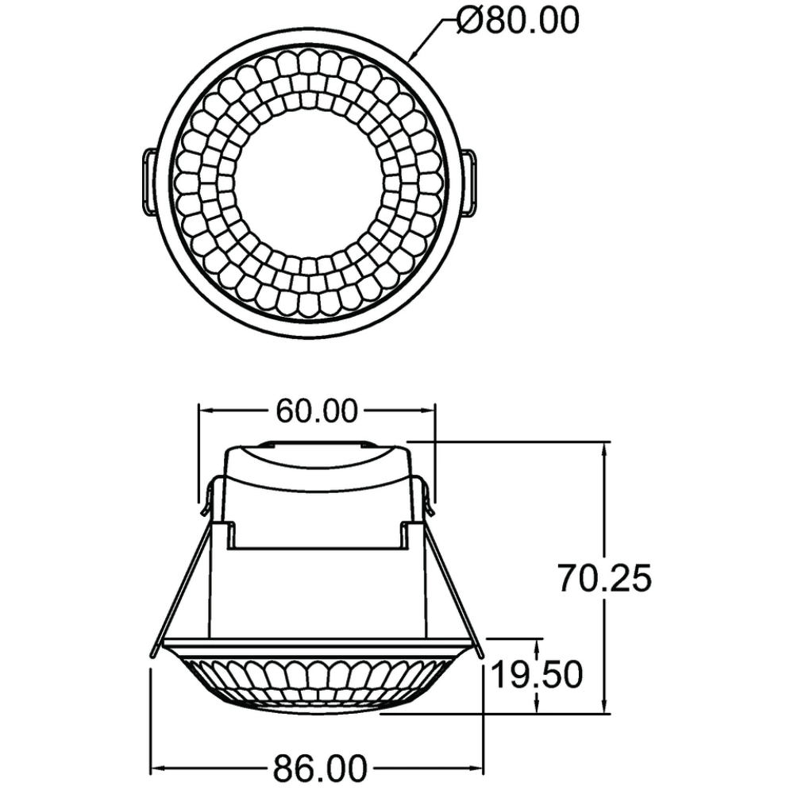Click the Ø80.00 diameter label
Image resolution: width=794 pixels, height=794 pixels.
(518, 21)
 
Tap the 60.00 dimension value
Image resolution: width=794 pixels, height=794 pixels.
(317, 410)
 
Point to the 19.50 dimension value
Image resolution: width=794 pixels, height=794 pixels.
(537, 674)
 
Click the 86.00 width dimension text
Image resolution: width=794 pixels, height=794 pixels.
(320, 768)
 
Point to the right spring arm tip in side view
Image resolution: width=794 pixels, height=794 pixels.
(480, 655)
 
